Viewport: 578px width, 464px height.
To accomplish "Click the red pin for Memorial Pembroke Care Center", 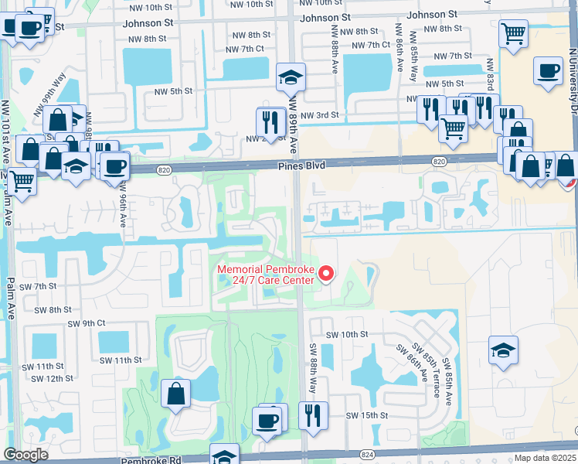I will (x=325, y=273).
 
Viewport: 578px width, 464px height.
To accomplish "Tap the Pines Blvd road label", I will (x=303, y=165).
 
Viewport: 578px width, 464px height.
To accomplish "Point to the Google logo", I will (x=25, y=455).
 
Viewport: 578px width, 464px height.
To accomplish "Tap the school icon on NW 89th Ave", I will (x=291, y=77).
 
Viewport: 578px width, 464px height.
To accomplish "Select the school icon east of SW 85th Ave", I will (x=503, y=350).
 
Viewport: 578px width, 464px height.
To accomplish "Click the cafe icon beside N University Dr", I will (x=548, y=71).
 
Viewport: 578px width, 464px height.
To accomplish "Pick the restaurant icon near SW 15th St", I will (x=313, y=415).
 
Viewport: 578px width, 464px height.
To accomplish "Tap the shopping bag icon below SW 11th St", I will (x=176, y=394).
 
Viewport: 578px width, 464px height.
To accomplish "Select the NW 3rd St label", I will (x=319, y=115).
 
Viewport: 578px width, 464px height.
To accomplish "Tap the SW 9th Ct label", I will (x=87, y=323).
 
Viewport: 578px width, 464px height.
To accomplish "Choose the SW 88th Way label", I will (x=313, y=368).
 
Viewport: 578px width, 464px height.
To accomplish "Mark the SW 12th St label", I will (x=52, y=378).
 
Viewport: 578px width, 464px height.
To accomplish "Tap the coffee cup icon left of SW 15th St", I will (x=267, y=421).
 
